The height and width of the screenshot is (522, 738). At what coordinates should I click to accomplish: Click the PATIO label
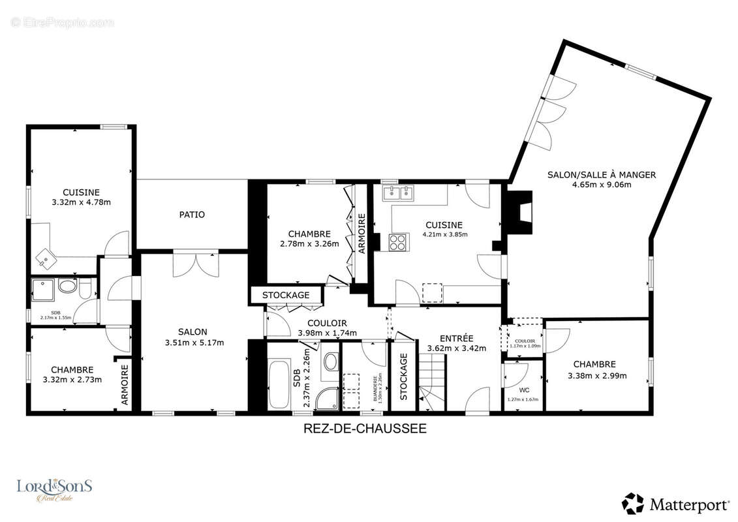(192, 215)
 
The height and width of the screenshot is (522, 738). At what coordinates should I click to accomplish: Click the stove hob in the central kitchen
(397, 242)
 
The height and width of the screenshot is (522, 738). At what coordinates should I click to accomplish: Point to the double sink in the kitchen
(397, 192)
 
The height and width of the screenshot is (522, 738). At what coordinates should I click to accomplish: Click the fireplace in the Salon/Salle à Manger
(519, 212)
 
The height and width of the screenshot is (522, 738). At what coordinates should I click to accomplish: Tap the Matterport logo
(675, 504)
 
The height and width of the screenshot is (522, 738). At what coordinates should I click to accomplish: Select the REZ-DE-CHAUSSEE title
(365, 429)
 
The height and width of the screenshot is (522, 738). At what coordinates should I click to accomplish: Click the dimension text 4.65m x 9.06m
(601, 185)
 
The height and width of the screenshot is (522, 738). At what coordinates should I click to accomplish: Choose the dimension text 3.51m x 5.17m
(194, 343)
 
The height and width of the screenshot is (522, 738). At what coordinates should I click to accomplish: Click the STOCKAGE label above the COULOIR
(286, 296)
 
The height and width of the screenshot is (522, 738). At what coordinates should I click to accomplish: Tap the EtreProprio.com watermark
(63, 23)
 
